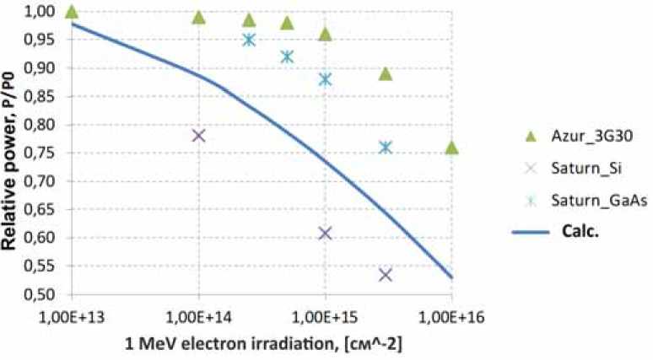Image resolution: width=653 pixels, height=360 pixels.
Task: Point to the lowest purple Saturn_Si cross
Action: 386,275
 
